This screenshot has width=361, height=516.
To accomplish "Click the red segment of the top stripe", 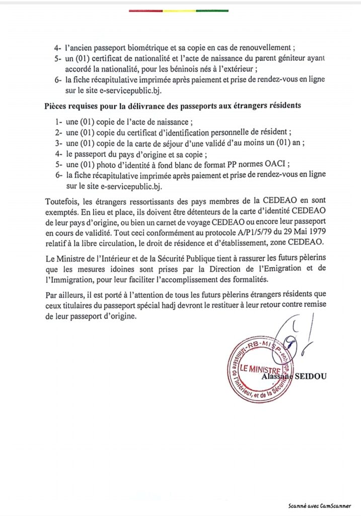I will [146, 10].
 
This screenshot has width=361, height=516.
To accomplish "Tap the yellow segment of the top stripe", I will [179, 10].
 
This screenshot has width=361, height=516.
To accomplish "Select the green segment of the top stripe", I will [212, 10].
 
